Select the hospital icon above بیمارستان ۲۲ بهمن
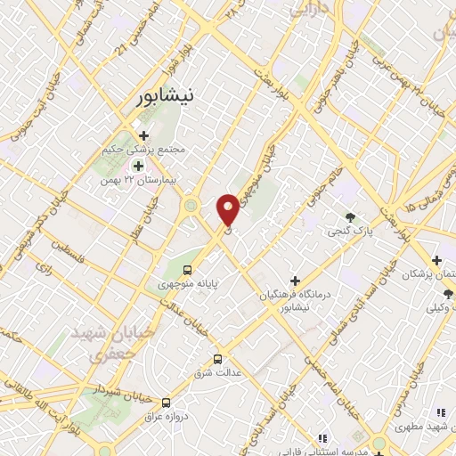point(138,165)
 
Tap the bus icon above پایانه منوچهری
point(187,270)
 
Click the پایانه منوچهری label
point(189,285)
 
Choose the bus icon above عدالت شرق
point(218,359)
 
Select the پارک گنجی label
point(362,232)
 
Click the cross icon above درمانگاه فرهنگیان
point(295,281)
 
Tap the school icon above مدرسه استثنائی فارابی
point(322,437)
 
